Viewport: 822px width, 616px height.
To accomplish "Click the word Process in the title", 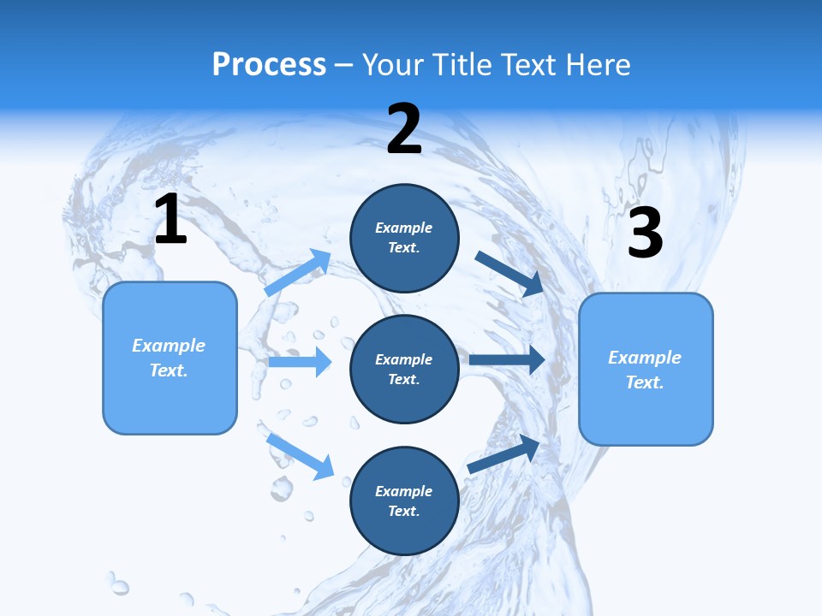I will (269, 65).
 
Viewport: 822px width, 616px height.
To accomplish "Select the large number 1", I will (170, 220).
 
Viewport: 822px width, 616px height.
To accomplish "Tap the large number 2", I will (404, 129).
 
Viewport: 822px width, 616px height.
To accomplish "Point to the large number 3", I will (645, 233).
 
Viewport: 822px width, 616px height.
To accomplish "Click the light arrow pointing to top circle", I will (298, 273).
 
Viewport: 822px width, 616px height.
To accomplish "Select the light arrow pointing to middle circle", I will (300, 362).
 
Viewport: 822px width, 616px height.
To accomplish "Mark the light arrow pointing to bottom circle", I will (300, 455).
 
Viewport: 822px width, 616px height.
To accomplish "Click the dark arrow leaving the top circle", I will (509, 273).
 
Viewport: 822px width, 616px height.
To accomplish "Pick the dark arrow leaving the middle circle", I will (507, 360).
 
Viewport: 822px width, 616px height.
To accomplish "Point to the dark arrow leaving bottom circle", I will (503, 453).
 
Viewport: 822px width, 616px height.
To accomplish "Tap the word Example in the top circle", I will (404, 228).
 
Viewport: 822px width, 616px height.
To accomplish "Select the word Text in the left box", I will (168, 370).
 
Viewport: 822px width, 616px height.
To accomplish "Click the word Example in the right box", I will (645, 358).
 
